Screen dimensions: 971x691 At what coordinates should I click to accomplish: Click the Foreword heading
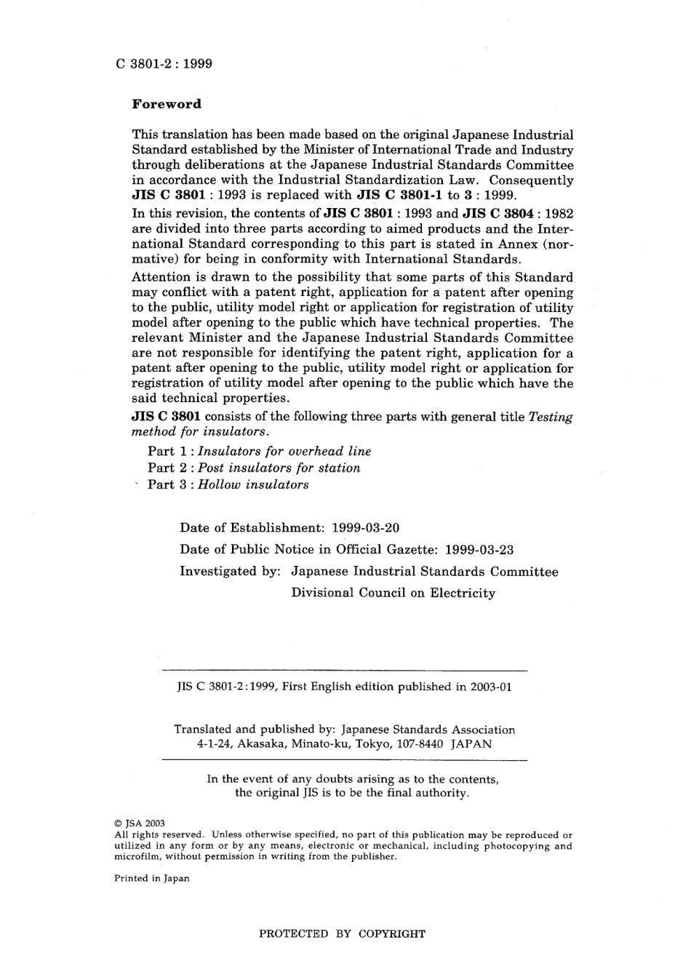tap(166, 104)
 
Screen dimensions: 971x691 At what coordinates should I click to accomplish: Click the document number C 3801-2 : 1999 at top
tap(164, 64)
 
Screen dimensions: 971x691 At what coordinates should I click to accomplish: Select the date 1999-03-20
tap(365, 528)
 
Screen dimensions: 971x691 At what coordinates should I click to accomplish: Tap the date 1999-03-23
tap(479, 550)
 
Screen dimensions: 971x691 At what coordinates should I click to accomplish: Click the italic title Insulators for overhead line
tap(284, 452)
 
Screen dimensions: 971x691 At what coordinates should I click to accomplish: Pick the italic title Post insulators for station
tap(279, 468)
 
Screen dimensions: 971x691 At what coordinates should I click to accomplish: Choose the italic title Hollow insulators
tap(253, 485)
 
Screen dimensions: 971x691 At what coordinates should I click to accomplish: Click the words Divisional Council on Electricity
tap(393, 594)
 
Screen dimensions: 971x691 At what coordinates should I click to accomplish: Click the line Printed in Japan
tap(151, 879)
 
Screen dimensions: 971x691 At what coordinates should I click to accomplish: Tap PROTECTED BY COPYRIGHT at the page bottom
tap(342, 934)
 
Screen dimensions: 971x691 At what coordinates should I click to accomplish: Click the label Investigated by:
tap(230, 572)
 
